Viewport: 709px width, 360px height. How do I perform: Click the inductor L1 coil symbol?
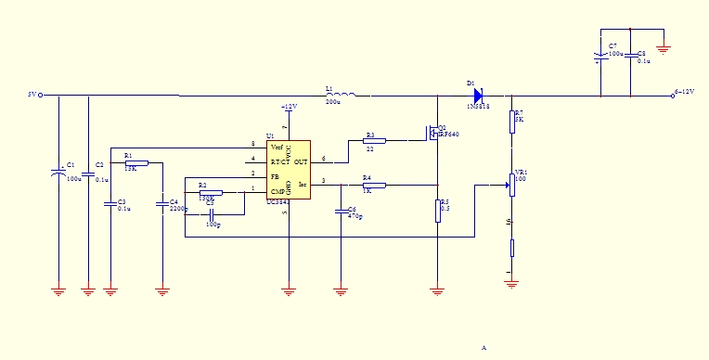342,94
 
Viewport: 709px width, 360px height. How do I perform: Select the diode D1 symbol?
478,95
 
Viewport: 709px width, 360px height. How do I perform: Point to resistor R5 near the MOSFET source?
437,211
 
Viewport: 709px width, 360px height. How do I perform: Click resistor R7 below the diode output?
511,122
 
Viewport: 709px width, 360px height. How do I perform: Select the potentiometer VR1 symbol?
510,185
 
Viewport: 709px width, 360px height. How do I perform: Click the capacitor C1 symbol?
58,173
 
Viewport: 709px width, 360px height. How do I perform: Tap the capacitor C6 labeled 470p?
341,212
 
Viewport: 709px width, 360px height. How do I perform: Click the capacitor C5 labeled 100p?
213,214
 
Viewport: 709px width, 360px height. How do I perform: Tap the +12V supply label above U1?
289,107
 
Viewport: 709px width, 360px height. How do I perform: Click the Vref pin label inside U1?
277,147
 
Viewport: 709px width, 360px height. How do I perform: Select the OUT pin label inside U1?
302,161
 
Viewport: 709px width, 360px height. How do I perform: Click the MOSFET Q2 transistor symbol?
433,133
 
